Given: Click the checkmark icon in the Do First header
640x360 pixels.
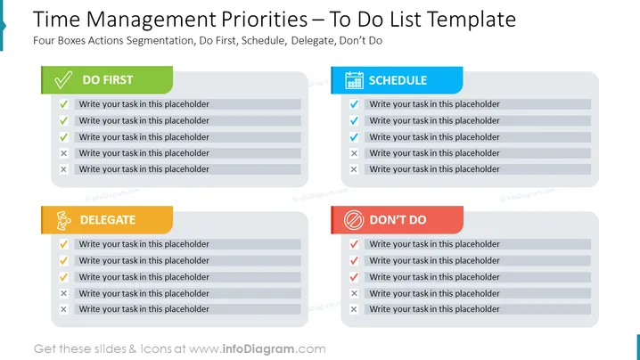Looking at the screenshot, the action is coord(63,80).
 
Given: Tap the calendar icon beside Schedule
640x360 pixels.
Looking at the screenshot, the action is coord(354,80).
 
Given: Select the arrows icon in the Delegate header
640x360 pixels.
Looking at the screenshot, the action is coord(63,220).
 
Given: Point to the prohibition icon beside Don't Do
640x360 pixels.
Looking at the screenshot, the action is coord(354,220).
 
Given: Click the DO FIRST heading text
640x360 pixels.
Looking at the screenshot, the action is coord(108,80).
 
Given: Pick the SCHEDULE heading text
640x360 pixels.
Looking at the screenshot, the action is coord(398,80).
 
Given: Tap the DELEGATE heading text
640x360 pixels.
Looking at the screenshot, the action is coord(108,220).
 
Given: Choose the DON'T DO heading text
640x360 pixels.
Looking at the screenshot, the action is coord(398,220).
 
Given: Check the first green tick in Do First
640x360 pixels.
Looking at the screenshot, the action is coord(63,104).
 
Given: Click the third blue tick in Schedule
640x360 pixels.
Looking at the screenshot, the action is coord(354,137).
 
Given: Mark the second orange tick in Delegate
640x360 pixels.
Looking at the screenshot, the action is coord(63,260).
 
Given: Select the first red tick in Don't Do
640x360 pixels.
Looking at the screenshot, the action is coord(354,244).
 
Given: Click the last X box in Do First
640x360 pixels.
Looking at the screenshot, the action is coord(63,169).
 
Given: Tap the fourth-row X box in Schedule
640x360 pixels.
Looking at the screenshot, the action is coord(354,153).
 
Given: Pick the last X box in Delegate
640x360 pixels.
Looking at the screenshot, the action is coord(63,309).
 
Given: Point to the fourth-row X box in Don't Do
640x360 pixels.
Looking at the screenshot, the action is coord(354,293).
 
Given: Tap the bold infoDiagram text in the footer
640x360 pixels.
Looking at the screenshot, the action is coord(258,349).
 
